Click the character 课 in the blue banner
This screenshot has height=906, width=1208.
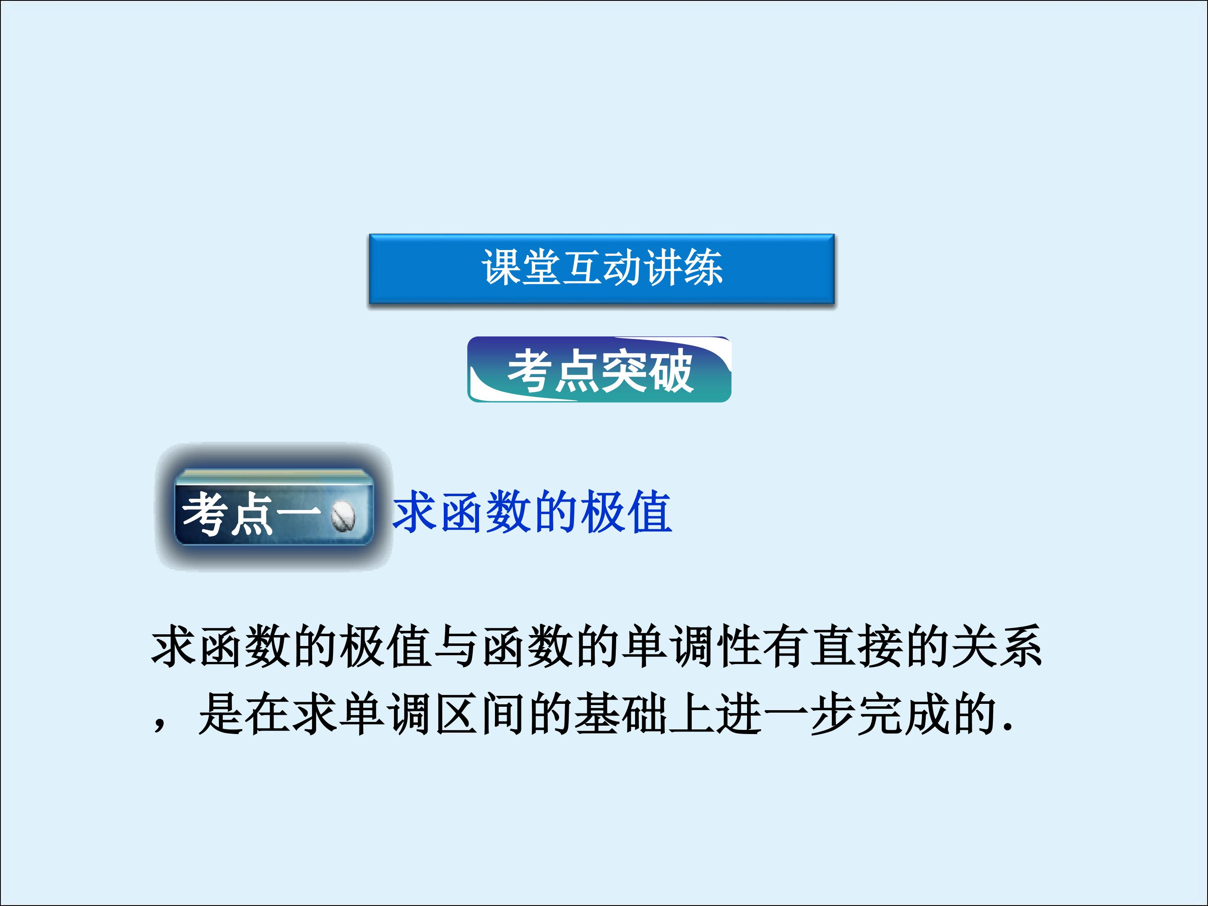click(x=501, y=268)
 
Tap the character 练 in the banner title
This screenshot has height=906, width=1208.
click(x=703, y=268)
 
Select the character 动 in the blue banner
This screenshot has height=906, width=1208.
click(x=622, y=268)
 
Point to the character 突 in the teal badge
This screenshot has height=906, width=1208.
click(x=624, y=371)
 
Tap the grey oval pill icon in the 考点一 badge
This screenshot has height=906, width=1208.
click(x=343, y=515)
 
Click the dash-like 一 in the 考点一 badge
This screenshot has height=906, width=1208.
click(x=298, y=512)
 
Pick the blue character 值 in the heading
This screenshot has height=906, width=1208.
click(x=649, y=512)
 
